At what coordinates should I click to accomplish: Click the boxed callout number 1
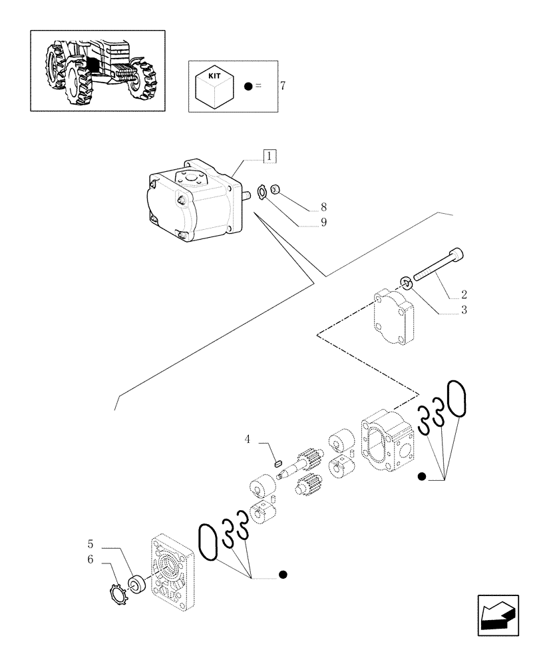click(x=269, y=157)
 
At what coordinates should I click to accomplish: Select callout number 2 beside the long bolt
click(x=463, y=294)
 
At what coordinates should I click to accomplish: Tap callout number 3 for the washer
click(x=463, y=310)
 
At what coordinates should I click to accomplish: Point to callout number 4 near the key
click(x=248, y=439)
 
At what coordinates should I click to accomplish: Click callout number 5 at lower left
click(x=90, y=543)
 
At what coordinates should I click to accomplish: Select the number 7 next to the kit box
click(x=283, y=87)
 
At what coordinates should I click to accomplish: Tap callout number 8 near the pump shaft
click(x=323, y=207)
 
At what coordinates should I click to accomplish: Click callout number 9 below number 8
click(x=323, y=222)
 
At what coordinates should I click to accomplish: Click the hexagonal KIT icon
click(x=214, y=87)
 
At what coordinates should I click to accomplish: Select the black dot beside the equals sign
click(x=248, y=87)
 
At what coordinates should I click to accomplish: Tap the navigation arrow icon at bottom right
click(x=497, y=615)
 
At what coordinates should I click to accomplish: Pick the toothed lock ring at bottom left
click(x=117, y=592)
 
